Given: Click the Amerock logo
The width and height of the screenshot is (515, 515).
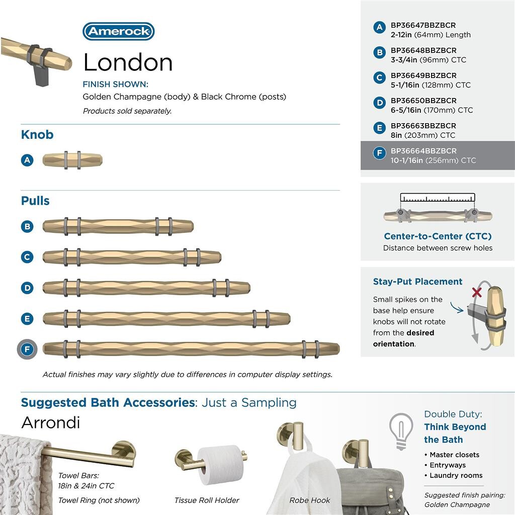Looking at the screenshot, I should [118, 31].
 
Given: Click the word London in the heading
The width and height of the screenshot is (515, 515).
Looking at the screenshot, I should [128, 62].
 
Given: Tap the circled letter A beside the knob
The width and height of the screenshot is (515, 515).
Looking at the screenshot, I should [27, 160].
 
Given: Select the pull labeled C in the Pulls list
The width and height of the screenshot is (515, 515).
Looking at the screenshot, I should [132, 257].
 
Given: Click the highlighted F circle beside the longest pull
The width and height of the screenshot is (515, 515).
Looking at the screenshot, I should [27, 349].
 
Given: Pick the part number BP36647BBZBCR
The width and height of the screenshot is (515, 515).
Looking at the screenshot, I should [423, 25].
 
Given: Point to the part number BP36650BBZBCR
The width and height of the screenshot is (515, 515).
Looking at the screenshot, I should [423, 101].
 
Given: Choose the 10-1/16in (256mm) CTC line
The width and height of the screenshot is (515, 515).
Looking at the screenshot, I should [433, 160].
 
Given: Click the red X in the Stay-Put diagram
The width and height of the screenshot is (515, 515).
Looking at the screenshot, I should [476, 292].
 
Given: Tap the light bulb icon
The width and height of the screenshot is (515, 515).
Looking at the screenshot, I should [401, 431].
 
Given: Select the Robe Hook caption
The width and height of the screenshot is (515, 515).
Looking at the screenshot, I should [310, 500].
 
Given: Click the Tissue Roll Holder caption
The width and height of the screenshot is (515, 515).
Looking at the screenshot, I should [207, 500].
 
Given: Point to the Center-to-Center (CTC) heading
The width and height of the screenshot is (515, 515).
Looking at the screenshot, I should [438, 236].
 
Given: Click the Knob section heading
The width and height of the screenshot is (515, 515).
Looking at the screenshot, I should [37, 135].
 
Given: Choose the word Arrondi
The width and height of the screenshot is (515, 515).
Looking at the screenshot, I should [50, 422].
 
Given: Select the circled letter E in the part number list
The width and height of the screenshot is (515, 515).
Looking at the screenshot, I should [379, 128].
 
